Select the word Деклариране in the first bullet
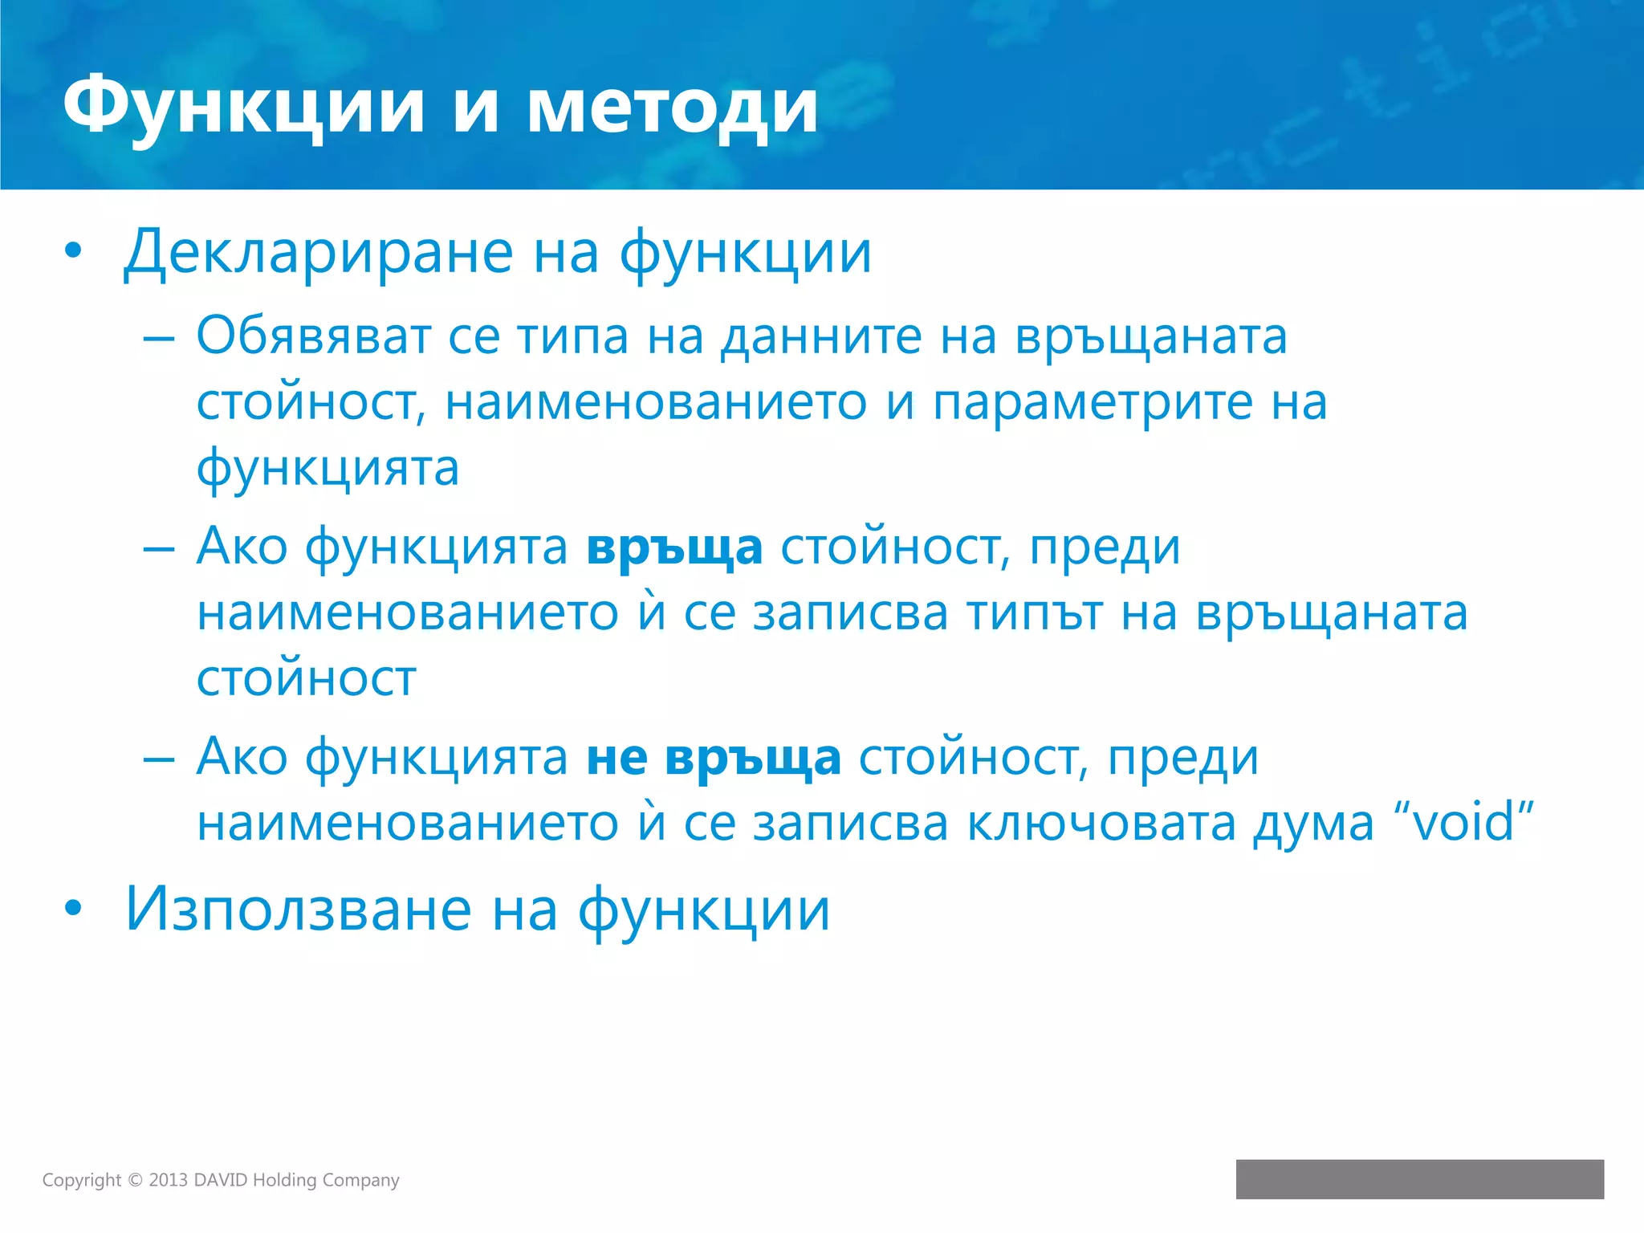pyautogui.click(x=318, y=253)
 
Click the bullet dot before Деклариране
pyautogui.click(x=73, y=251)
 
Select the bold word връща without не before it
pyautogui.click(x=673, y=548)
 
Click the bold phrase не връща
pyautogui.click(x=713, y=758)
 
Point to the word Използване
pyautogui.click(x=298, y=910)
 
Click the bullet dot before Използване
pyautogui.click(x=73, y=909)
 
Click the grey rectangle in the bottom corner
pyautogui.click(x=1419, y=1178)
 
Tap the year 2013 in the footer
pyautogui.click(x=168, y=1180)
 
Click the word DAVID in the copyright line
pyautogui.click(x=221, y=1180)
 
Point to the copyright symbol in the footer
pyautogui.click(x=135, y=1180)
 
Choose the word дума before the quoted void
pyautogui.click(x=1313, y=824)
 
